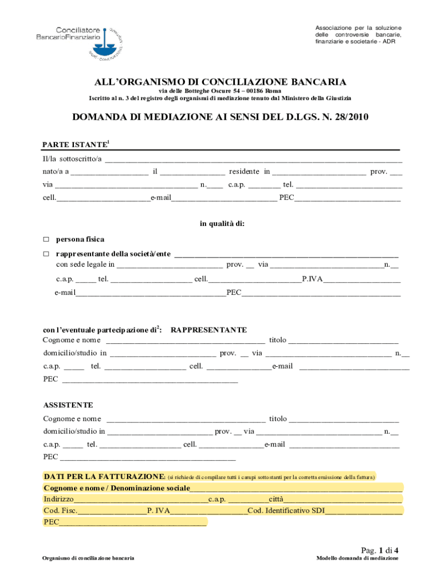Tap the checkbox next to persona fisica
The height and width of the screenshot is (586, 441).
click(x=47, y=239)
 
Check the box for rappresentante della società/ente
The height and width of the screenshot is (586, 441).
click(x=47, y=254)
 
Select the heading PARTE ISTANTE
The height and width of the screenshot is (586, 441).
click(x=75, y=145)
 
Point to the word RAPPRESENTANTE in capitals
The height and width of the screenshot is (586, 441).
click(x=208, y=330)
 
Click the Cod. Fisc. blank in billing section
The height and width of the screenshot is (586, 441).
click(x=112, y=511)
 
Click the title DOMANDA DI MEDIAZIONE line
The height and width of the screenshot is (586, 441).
click(x=220, y=118)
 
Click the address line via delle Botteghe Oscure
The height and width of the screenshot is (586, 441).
click(x=220, y=90)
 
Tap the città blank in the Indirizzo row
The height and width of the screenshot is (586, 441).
click(x=344, y=500)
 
